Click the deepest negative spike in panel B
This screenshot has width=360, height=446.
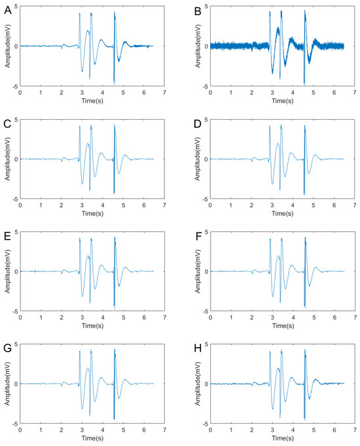[x=304, y=83]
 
